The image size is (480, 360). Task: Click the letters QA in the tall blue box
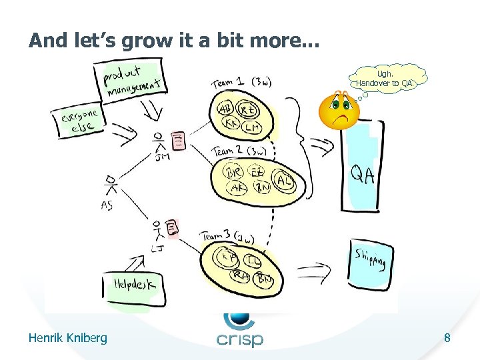coord(362,175)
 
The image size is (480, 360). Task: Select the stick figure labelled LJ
coord(157,232)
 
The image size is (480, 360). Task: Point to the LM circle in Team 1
coord(252,127)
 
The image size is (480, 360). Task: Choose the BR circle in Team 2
coord(234,172)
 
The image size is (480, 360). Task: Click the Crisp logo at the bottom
coord(239,329)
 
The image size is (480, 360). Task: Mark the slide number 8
coord(447,339)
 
